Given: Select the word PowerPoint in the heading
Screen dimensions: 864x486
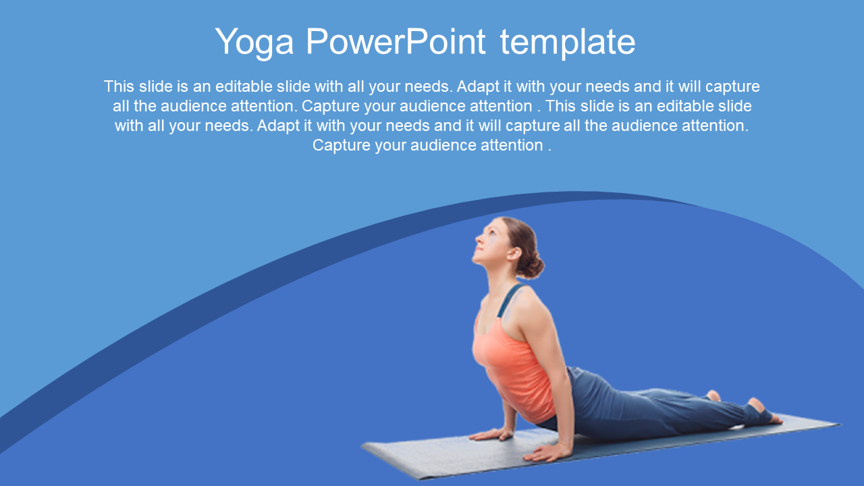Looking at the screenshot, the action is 396,41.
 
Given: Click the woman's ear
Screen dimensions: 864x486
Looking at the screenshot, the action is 514,253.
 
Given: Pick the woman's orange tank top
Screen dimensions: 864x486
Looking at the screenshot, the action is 513,367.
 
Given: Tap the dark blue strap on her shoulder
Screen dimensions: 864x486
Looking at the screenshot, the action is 509,301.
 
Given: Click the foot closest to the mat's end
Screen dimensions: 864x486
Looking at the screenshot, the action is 765,412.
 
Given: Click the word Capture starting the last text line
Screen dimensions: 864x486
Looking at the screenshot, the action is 342,146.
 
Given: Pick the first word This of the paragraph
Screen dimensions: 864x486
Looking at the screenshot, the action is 119,86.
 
